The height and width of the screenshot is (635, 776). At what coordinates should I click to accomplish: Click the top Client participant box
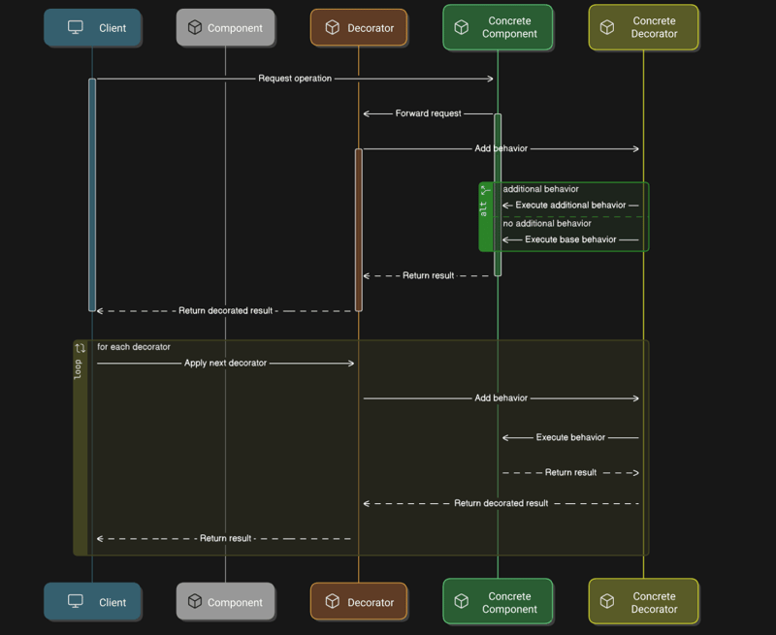point(92,28)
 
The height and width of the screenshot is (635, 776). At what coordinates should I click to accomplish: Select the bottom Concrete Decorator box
point(643,602)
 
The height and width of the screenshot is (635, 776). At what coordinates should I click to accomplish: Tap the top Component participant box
point(225,28)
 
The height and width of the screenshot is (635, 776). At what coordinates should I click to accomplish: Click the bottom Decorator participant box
point(359,602)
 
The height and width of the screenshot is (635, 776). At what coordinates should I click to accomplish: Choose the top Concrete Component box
point(498,27)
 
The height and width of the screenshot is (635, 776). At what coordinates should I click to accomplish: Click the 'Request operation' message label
point(295,79)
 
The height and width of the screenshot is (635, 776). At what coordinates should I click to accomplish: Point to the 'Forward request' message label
point(428,113)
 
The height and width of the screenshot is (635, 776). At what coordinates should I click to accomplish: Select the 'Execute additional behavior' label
point(570,206)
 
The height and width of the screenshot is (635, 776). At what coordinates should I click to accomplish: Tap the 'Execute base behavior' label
point(570,239)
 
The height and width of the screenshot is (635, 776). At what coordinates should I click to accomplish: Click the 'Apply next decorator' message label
point(225,364)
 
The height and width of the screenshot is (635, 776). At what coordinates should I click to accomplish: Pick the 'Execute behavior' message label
point(570,437)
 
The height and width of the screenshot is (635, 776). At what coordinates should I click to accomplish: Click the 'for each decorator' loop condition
point(134,347)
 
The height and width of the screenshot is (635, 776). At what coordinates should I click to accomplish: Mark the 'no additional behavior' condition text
point(547,224)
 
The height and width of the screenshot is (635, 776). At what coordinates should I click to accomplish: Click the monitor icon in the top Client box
point(76,28)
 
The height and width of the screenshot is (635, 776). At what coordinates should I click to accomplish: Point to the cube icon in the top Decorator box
point(332,28)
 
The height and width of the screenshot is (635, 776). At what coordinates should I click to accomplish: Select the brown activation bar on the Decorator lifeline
point(359,230)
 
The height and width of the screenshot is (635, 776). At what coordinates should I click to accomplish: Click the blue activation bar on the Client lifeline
point(92,194)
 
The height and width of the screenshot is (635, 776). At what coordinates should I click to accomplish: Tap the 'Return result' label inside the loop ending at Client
point(225,539)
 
